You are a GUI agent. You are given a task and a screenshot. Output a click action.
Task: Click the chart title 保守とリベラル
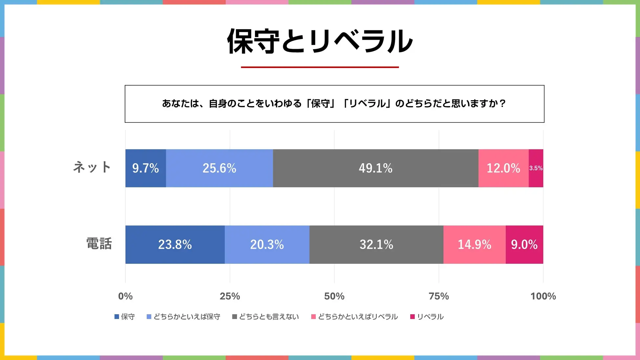320,41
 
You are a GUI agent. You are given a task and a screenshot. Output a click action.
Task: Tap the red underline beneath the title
320,67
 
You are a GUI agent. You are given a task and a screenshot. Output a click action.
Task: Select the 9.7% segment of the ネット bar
145,168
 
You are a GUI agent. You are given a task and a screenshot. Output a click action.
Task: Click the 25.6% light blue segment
219,168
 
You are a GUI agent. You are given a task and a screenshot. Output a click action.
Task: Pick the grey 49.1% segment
375,168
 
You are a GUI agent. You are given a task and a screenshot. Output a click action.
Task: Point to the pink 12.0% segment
503,168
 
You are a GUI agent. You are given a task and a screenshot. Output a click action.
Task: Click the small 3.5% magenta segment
536,168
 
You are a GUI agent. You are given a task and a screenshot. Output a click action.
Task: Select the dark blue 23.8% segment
175,244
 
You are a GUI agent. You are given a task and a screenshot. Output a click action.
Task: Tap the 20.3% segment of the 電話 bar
267,244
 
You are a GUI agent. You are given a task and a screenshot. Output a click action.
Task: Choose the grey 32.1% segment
376,244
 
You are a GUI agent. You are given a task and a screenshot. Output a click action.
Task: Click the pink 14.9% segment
474,244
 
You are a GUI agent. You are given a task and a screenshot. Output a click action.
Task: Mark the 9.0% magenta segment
524,244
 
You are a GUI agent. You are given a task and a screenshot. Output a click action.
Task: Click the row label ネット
92,167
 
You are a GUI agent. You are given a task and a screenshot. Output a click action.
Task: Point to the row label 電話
99,244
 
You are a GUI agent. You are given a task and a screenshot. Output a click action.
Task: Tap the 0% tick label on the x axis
125,296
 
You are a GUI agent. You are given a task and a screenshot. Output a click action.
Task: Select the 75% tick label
439,296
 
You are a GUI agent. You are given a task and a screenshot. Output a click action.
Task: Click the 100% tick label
543,296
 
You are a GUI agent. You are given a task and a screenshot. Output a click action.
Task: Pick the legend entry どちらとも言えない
269,317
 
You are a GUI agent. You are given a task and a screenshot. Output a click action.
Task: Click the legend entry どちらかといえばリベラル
358,317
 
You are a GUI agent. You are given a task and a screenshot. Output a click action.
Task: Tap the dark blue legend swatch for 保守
117,317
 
